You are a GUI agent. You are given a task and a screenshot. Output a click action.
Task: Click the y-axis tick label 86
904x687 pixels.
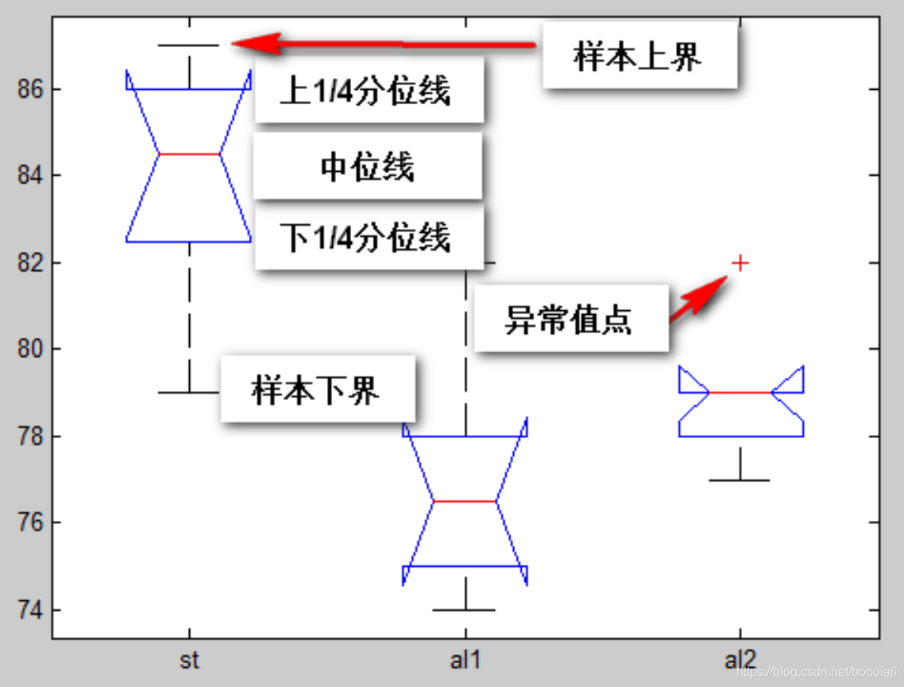pos(29,89)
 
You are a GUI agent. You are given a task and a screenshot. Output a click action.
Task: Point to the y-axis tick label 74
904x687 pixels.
pos(29,610)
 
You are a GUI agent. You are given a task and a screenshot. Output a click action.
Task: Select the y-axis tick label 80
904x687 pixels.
pos(29,349)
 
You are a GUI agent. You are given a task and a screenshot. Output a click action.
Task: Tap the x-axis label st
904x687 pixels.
pos(189,660)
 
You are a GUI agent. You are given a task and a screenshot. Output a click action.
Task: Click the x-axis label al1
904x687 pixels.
pos(465,660)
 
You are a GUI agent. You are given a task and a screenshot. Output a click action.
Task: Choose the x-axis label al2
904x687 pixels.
pos(740,660)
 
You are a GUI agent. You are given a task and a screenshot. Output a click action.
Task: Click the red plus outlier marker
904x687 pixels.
pos(740,262)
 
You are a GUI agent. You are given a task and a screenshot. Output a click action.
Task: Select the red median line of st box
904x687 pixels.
pos(189,153)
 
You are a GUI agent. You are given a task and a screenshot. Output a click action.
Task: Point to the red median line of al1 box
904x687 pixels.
pos(465,501)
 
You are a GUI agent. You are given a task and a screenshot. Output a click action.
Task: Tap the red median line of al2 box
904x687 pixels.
pos(740,392)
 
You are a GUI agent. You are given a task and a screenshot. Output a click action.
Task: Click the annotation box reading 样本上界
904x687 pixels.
pos(639,56)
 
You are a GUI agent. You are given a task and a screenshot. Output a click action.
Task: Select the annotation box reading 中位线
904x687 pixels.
pos(368,167)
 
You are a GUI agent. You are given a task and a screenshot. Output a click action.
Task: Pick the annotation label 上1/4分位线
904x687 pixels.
pos(368,91)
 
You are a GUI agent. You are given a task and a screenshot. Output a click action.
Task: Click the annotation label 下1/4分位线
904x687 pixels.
pos(368,237)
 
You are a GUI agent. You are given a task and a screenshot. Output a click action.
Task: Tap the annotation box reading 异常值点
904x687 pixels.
pos(570,319)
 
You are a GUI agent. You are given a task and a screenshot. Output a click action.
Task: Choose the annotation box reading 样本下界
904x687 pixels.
pos(317,390)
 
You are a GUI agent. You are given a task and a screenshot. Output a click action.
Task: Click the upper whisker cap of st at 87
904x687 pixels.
pos(189,45)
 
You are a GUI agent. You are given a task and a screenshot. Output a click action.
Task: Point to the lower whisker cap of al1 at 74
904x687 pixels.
pos(465,610)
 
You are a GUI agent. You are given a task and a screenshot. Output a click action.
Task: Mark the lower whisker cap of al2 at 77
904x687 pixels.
pos(740,480)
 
